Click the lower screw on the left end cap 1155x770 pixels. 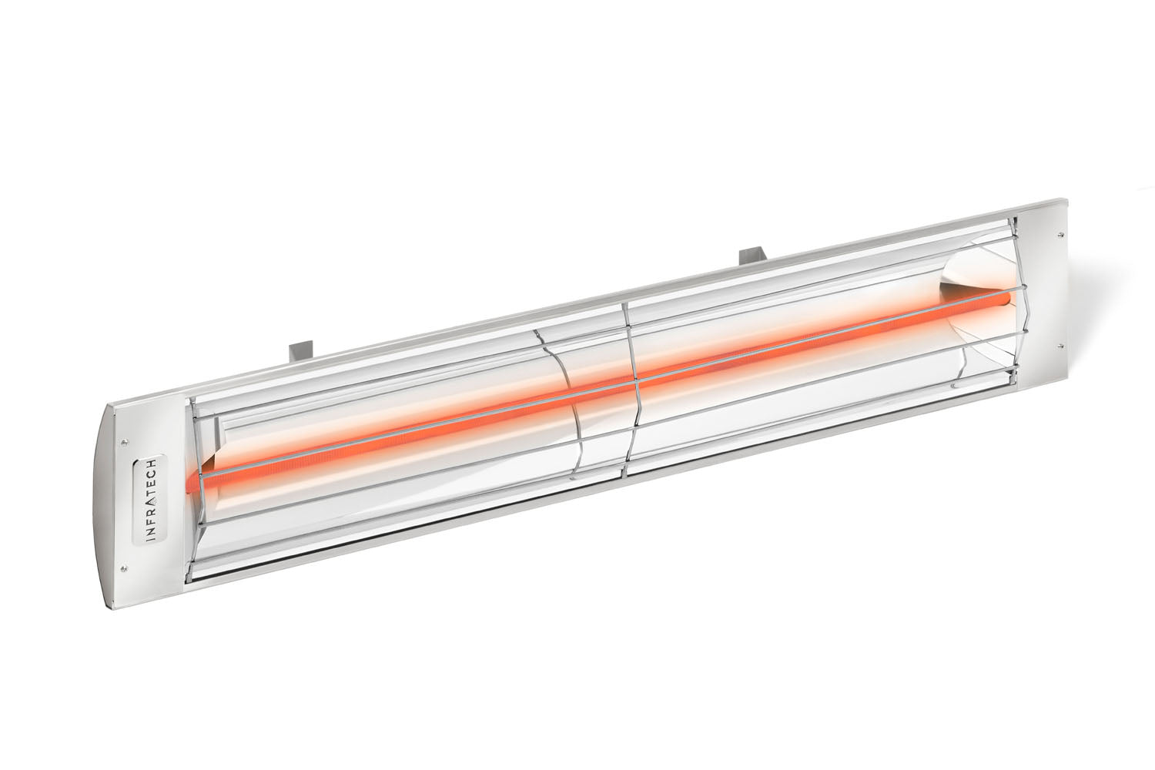pos(122,571)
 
